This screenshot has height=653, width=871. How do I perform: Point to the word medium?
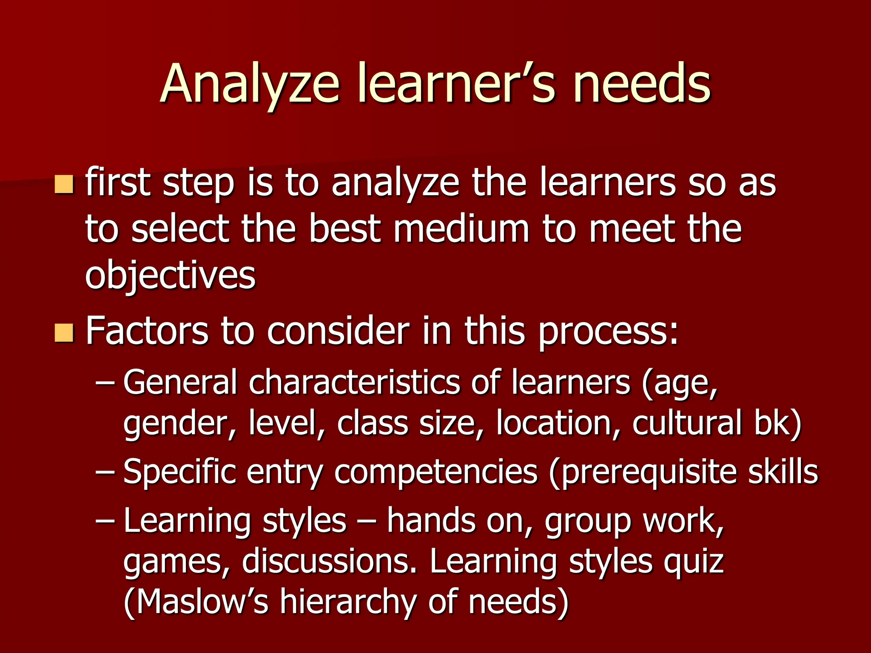point(461,230)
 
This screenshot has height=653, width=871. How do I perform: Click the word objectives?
point(170,275)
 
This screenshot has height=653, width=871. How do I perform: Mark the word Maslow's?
point(202,602)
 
